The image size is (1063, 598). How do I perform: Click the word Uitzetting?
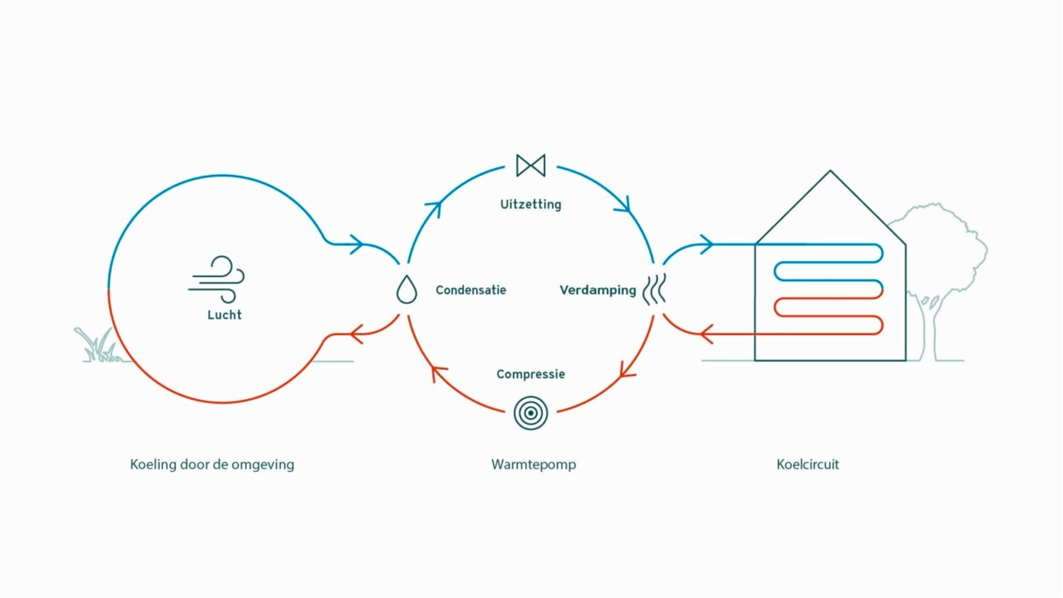(x=530, y=205)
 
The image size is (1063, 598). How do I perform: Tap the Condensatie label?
(x=470, y=291)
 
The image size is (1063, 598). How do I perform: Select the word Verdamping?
(x=597, y=291)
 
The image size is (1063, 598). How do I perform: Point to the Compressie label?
(x=530, y=375)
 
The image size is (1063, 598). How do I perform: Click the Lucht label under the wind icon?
(x=224, y=315)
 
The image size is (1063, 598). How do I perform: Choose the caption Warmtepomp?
(x=533, y=465)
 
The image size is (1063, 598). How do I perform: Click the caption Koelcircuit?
(x=808, y=465)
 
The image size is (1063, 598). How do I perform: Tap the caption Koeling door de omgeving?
(x=212, y=465)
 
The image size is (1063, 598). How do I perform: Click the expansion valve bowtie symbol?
(x=531, y=166)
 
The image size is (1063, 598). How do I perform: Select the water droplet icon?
(x=406, y=289)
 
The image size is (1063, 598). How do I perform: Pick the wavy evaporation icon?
(x=654, y=289)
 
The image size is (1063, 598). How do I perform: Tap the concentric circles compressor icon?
(x=530, y=413)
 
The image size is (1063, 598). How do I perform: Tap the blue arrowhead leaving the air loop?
(x=357, y=245)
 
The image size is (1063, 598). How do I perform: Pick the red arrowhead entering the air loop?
(x=356, y=333)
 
